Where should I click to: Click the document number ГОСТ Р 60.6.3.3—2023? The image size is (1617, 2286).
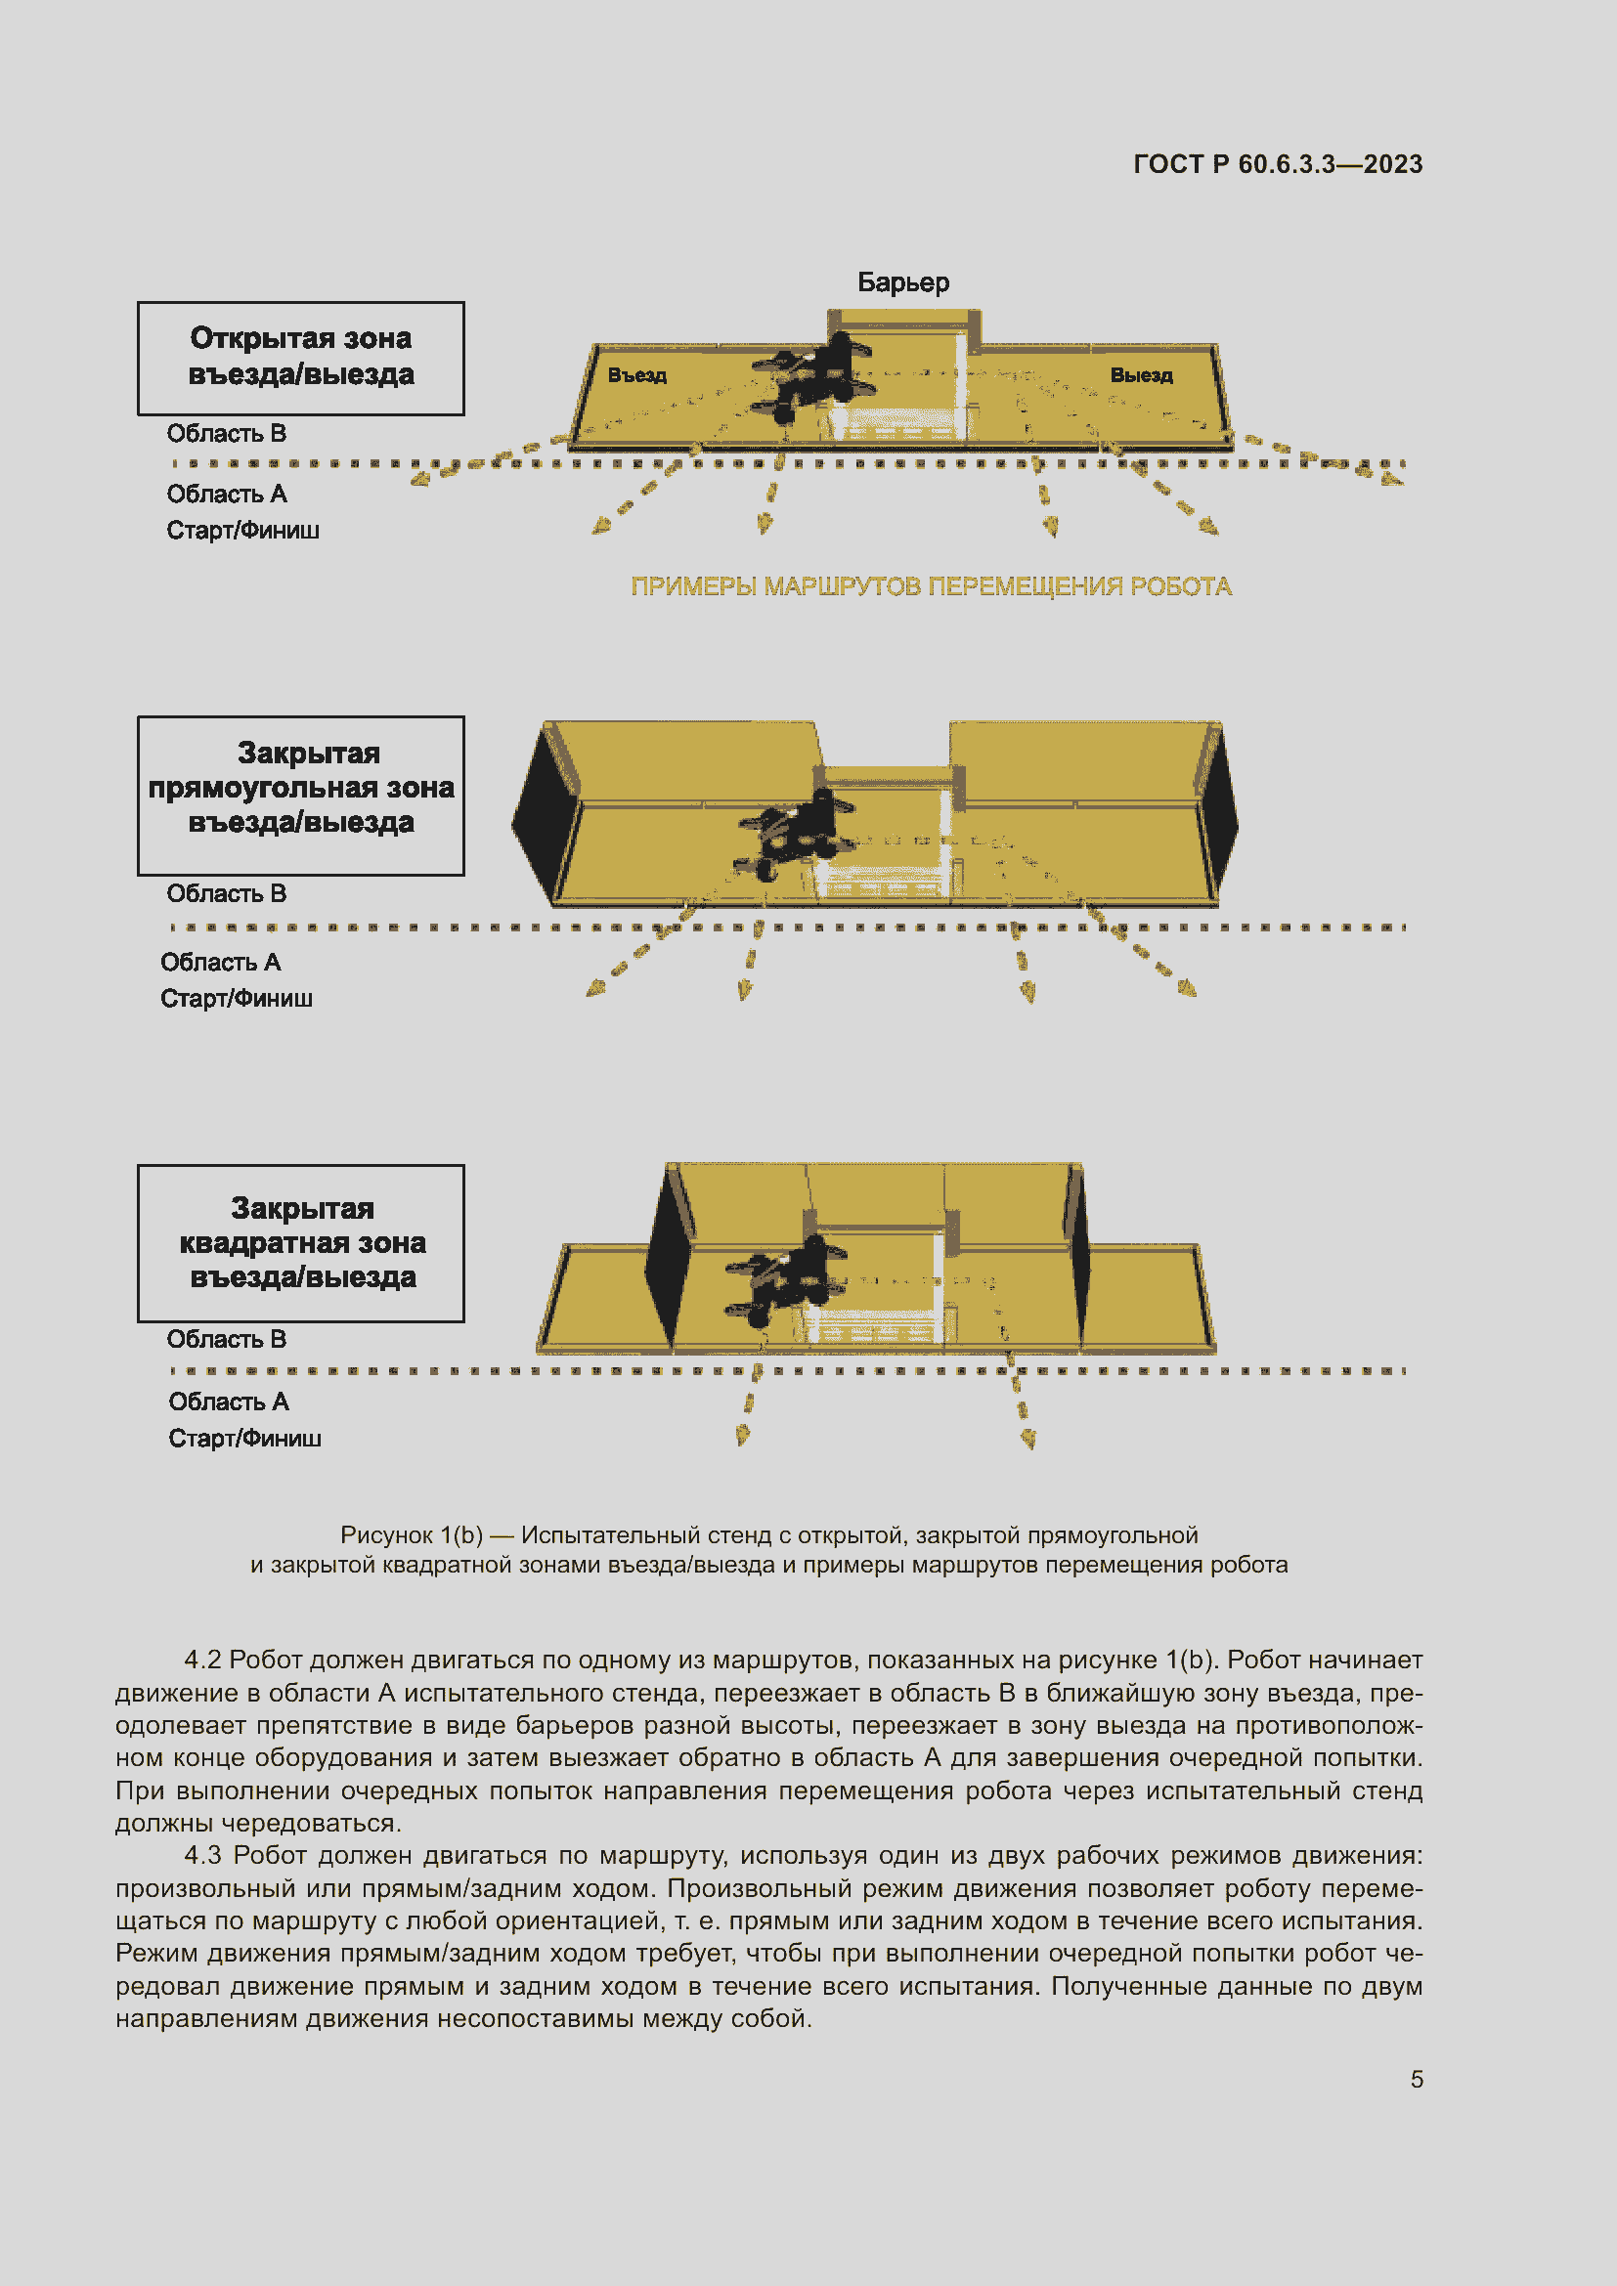[x=1278, y=164]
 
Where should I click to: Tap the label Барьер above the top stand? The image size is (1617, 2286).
[x=903, y=282]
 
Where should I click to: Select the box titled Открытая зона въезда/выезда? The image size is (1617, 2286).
[x=301, y=358]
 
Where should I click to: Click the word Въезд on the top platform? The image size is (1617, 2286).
[x=637, y=375]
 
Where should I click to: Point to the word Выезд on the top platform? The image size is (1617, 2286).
[x=1141, y=375]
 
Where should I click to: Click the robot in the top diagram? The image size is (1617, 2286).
[x=811, y=379]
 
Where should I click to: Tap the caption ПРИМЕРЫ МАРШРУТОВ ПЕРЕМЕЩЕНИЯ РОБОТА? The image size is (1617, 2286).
[x=931, y=586]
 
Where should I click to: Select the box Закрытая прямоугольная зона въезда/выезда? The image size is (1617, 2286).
[x=301, y=795]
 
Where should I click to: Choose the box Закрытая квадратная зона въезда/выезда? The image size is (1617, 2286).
[x=301, y=1242]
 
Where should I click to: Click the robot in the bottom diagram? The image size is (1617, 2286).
[x=787, y=1278]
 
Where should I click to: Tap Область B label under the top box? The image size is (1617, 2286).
[x=226, y=434]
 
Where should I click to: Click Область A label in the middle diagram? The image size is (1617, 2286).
[x=220, y=962]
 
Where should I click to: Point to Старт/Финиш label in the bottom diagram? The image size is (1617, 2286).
[x=244, y=1438]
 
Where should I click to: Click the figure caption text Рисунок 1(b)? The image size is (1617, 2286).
[x=412, y=1534]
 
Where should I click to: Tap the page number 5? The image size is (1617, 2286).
[x=1416, y=2079]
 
